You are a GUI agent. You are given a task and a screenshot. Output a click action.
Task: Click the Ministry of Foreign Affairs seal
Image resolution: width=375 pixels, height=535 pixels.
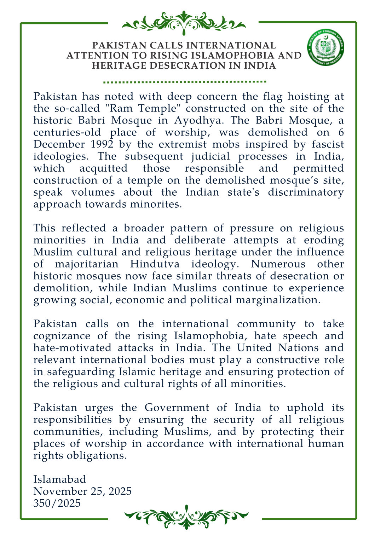[x=326, y=47]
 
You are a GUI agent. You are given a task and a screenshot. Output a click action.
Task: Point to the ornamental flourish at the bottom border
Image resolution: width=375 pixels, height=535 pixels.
[x=186, y=517]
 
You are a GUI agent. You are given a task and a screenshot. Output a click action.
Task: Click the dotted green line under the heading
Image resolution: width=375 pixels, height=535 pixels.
[x=184, y=82]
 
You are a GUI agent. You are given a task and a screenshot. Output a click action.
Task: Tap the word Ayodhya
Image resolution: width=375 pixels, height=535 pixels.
[x=198, y=120]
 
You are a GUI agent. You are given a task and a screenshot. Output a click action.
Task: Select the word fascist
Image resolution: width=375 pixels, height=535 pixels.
[x=328, y=144]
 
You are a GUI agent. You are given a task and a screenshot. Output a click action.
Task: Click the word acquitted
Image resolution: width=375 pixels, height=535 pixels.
[x=103, y=168]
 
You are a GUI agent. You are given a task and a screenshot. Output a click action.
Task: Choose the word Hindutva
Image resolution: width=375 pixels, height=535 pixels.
[x=155, y=264]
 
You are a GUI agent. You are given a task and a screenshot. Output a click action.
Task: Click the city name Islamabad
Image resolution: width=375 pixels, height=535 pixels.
[x=60, y=479]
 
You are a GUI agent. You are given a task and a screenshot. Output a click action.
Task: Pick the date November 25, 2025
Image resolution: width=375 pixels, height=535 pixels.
[x=82, y=491]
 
